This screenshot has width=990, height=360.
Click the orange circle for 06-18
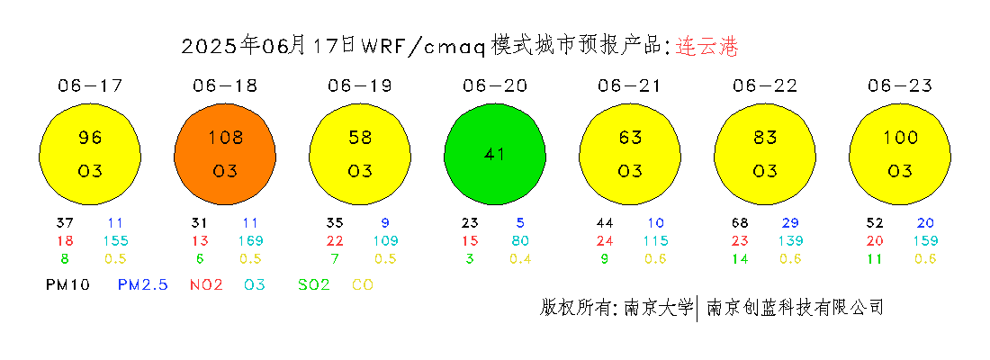(x=225, y=155)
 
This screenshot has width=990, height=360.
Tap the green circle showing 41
(x=495, y=155)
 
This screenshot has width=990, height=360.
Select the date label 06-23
(x=900, y=85)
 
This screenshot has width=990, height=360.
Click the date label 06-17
(x=90, y=85)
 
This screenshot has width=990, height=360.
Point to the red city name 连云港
(x=706, y=47)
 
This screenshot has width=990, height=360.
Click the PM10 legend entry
(x=67, y=285)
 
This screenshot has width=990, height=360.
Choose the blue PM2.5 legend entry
(x=143, y=285)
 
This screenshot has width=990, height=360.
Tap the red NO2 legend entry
(x=206, y=285)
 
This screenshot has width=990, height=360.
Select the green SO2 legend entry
(x=314, y=285)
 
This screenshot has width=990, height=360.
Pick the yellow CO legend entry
(x=363, y=285)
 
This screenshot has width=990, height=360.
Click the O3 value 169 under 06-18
(x=251, y=240)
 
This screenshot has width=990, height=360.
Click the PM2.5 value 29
(x=790, y=223)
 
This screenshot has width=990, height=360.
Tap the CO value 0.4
(x=520, y=258)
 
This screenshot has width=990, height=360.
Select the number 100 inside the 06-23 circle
(x=900, y=137)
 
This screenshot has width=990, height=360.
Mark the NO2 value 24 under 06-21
(x=605, y=240)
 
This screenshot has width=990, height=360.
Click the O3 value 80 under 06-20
(x=520, y=240)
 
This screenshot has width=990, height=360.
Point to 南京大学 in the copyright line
(x=659, y=308)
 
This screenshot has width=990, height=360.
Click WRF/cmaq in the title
(x=423, y=47)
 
